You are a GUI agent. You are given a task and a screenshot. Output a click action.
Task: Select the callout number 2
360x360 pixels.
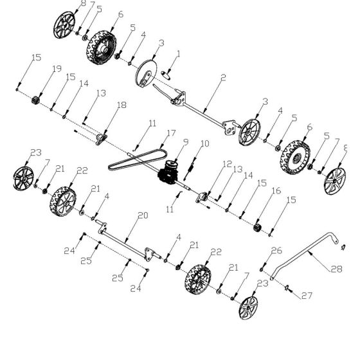(222, 77)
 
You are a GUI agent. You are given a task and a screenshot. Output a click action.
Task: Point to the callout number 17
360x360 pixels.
(170, 133)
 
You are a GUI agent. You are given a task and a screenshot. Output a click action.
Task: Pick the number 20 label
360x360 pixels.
(143, 215)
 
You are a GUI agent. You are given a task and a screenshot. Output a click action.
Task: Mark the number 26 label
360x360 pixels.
(276, 250)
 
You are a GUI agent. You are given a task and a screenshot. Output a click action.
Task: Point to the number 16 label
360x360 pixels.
(276, 191)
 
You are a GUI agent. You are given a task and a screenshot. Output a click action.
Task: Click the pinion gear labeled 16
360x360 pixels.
(260, 226)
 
